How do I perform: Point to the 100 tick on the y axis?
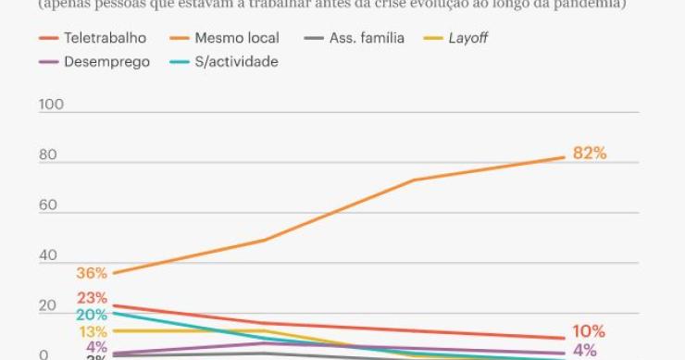[x=51, y=105]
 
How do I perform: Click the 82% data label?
[x=590, y=154]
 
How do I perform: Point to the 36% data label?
[x=93, y=274]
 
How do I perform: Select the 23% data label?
[x=93, y=298]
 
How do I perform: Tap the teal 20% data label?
[x=93, y=315]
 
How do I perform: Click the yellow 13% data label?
[x=93, y=332]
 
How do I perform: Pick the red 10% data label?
[x=589, y=331]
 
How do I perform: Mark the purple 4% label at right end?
[x=585, y=351]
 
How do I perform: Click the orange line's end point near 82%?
[x=564, y=156]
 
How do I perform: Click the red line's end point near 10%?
[x=564, y=339]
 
